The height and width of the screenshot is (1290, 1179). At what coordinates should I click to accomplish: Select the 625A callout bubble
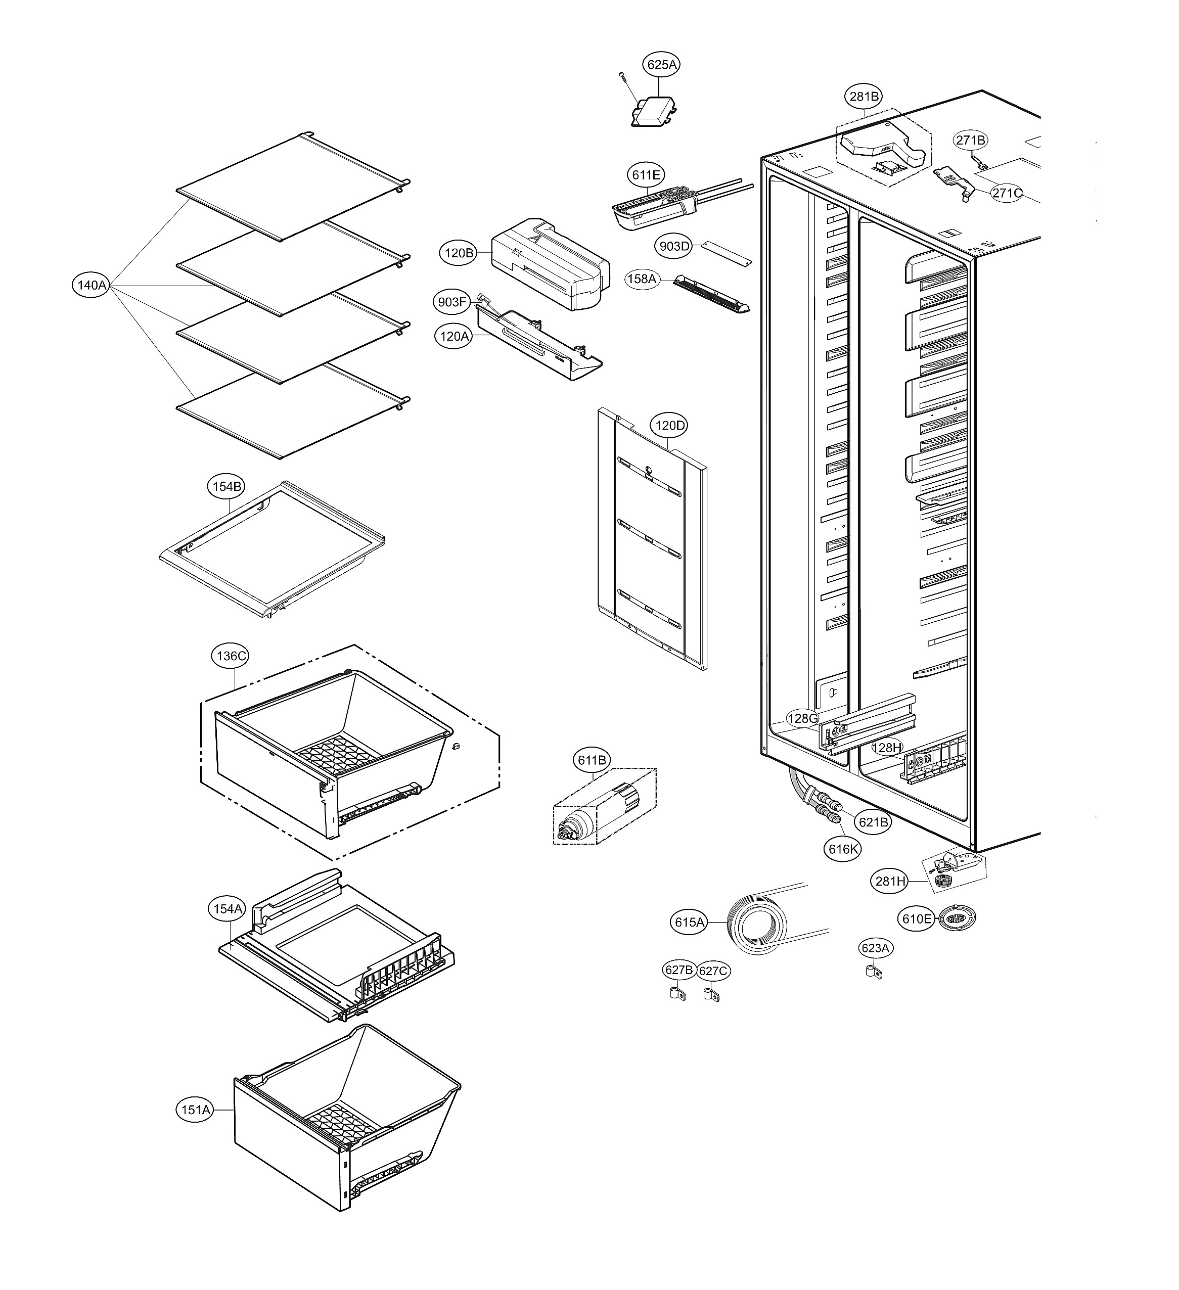click(x=661, y=65)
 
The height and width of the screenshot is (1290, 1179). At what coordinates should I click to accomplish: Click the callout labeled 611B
click(x=592, y=760)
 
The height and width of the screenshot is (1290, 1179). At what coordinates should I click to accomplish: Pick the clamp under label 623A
click(x=873, y=973)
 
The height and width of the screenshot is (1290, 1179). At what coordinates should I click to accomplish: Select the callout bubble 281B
click(x=864, y=97)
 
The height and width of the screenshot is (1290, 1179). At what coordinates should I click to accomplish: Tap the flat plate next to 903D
click(x=727, y=253)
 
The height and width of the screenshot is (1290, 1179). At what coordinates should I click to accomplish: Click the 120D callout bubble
click(x=669, y=425)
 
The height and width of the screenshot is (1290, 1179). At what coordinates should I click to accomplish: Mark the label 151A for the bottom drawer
click(x=195, y=1110)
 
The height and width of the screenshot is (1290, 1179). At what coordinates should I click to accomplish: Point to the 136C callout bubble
click(x=231, y=656)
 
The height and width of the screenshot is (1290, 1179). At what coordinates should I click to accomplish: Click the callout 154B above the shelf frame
click(x=226, y=486)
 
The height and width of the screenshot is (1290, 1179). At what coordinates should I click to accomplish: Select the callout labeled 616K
click(x=842, y=849)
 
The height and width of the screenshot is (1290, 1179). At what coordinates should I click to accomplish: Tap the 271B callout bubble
click(x=971, y=140)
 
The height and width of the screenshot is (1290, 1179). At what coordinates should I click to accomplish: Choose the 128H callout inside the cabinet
click(x=888, y=748)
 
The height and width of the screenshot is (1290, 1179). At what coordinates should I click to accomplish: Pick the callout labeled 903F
click(x=452, y=302)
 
